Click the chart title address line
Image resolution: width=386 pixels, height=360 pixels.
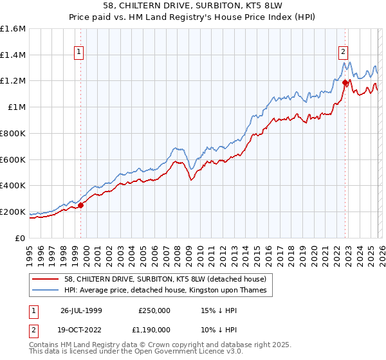tap(193, 6)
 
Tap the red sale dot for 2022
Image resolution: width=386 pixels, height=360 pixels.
tap(345, 82)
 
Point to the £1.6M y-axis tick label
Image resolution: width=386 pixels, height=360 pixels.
tap(13, 29)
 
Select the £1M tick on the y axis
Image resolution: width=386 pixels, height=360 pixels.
tap(17, 107)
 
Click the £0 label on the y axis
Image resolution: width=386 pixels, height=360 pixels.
tap(21, 238)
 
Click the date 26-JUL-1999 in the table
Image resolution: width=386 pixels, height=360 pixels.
tap(82, 310)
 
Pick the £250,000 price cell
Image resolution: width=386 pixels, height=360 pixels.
tap(155, 310)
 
